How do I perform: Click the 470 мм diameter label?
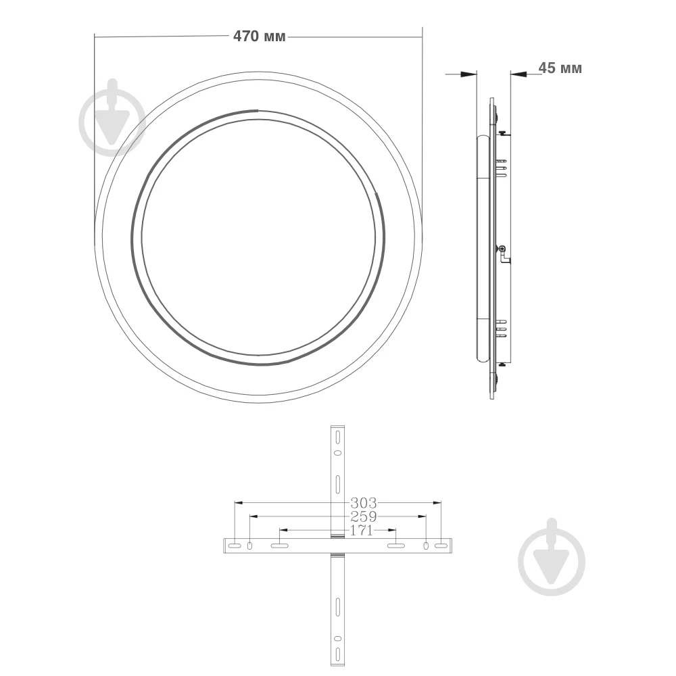(260, 37)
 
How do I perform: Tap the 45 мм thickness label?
(560, 68)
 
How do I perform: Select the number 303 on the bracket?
(363, 503)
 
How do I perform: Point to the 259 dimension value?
(363, 516)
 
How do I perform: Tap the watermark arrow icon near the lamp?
(112, 118)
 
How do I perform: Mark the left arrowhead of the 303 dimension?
(237, 503)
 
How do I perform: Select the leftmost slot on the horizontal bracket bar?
(233, 546)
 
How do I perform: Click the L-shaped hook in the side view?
(503, 253)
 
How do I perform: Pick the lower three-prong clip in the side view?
(501, 327)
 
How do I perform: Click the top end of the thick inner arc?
(256, 110)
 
